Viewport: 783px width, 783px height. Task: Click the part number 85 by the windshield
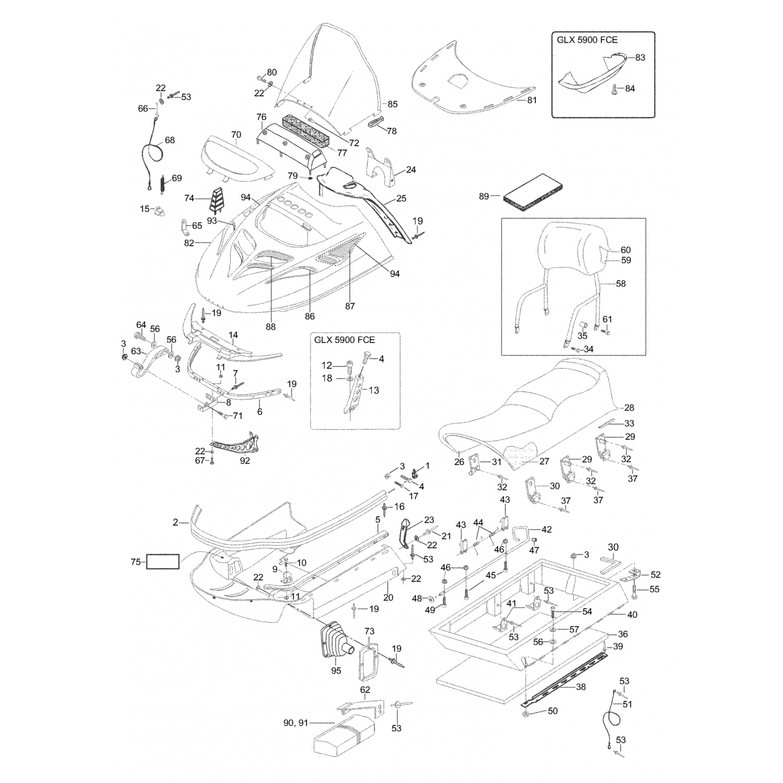click(x=393, y=104)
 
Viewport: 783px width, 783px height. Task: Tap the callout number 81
click(x=531, y=100)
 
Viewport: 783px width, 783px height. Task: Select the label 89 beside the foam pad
click(x=484, y=196)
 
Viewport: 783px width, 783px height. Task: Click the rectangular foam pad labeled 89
click(x=533, y=189)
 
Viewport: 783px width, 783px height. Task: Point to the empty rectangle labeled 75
click(x=163, y=562)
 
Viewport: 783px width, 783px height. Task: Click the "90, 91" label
click(x=295, y=723)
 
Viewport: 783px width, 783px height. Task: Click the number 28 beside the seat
click(x=629, y=408)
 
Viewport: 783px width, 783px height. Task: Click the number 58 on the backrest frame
click(x=621, y=283)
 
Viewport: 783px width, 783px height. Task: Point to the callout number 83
click(x=640, y=57)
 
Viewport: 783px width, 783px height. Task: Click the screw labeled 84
click(x=614, y=89)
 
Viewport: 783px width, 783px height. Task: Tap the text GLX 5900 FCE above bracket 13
click(x=345, y=340)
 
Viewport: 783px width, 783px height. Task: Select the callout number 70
click(x=236, y=135)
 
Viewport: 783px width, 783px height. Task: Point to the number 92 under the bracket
click(x=245, y=461)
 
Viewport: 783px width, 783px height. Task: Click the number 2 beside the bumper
click(x=175, y=521)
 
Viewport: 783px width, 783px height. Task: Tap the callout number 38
click(x=580, y=687)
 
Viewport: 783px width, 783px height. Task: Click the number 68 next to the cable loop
click(x=170, y=140)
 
